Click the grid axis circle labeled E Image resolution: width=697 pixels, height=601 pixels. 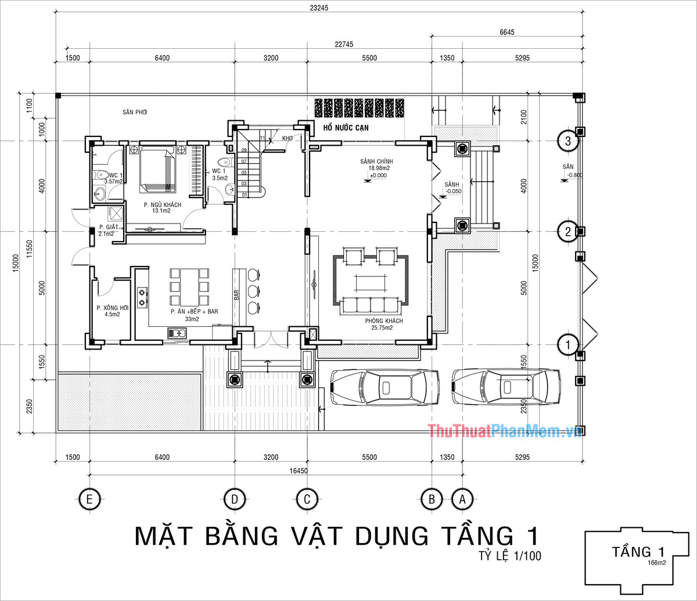pyautogui.click(x=89, y=499)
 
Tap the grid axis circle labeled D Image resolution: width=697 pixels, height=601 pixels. pyautogui.click(x=235, y=499)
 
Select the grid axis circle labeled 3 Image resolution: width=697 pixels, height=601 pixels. pyautogui.click(x=567, y=141)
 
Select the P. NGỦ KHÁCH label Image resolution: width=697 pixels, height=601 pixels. pyautogui.click(x=163, y=205)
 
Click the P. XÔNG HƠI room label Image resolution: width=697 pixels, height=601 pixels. pyautogui.click(x=112, y=308)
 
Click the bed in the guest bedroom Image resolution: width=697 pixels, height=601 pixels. pyautogui.click(x=156, y=170)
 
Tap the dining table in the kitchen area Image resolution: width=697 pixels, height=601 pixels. pyautogui.click(x=189, y=287)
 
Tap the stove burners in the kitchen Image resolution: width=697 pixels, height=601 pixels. pyautogui.click(x=142, y=297)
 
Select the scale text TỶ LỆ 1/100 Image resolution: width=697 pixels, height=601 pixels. pyautogui.click(x=510, y=556)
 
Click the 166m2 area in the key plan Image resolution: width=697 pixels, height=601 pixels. pyautogui.click(x=655, y=562)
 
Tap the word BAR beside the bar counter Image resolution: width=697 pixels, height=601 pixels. pyautogui.click(x=236, y=294)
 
